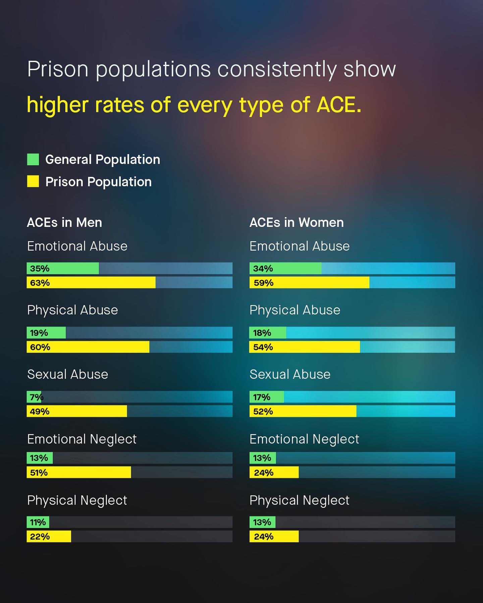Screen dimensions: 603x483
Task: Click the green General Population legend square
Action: (33, 159)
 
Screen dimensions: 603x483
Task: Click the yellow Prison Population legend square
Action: (33, 181)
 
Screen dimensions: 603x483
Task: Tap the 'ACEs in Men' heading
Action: (64, 222)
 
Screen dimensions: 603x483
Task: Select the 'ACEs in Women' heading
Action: (297, 222)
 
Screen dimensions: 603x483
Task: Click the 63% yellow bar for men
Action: (91, 282)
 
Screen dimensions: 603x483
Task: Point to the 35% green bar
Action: (63, 268)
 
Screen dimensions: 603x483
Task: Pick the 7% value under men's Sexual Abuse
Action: (36, 397)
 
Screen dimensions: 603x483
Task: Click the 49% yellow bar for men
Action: (77, 411)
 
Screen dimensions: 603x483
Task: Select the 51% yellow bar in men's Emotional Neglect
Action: (79, 472)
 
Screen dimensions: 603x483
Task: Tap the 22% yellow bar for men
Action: (49, 536)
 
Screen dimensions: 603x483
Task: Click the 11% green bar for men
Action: (38, 522)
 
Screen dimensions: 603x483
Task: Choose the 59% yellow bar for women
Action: (309, 282)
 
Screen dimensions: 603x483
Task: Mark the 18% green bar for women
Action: (268, 333)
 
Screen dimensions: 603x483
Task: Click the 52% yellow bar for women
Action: (303, 411)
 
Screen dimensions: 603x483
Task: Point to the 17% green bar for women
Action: (267, 397)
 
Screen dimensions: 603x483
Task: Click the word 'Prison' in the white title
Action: (58, 69)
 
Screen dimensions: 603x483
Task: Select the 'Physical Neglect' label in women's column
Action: (299, 500)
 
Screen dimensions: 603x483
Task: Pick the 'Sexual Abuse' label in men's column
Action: (67, 374)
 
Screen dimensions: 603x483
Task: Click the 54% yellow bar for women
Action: (305, 347)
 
